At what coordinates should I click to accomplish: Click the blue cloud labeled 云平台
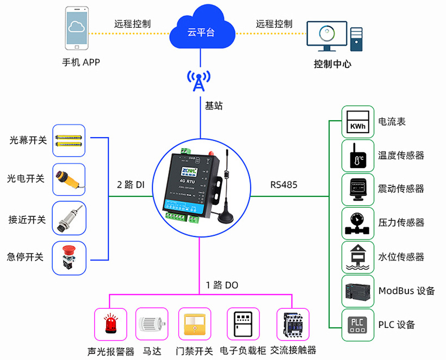(x=201, y=30)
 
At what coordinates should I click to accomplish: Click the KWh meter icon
(x=358, y=122)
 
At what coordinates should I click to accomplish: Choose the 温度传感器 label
(x=401, y=156)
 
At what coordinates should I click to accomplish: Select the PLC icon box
(x=358, y=325)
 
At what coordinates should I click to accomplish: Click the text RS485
(x=284, y=184)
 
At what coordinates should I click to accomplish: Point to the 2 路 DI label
(x=130, y=184)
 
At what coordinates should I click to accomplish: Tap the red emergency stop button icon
(x=69, y=257)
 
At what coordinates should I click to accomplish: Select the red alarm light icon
(x=110, y=325)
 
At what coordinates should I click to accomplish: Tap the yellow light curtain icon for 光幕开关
(x=69, y=140)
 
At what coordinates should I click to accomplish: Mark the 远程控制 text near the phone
(x=132, y=24)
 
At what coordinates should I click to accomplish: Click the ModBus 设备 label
(x=406, y=291)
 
